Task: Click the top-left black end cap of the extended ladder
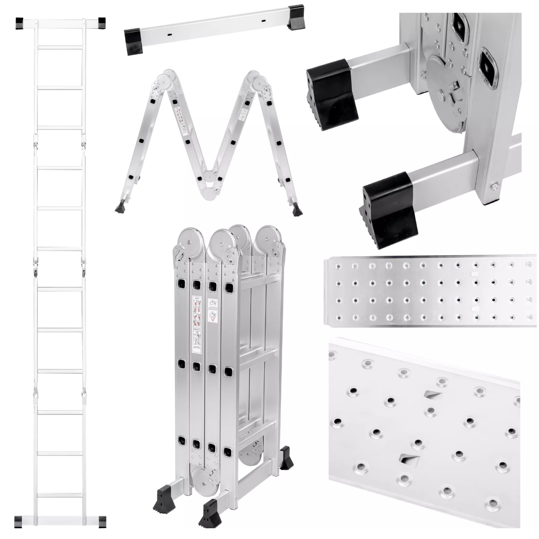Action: [x=19, y=23]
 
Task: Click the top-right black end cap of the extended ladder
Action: [x=101, y=23]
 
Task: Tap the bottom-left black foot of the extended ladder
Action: [x=19, y=520]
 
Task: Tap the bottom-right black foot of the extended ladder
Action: [x=101, y=520]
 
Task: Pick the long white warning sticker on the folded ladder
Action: [x=196, y=323]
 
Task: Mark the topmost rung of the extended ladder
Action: [x=60, y=48]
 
